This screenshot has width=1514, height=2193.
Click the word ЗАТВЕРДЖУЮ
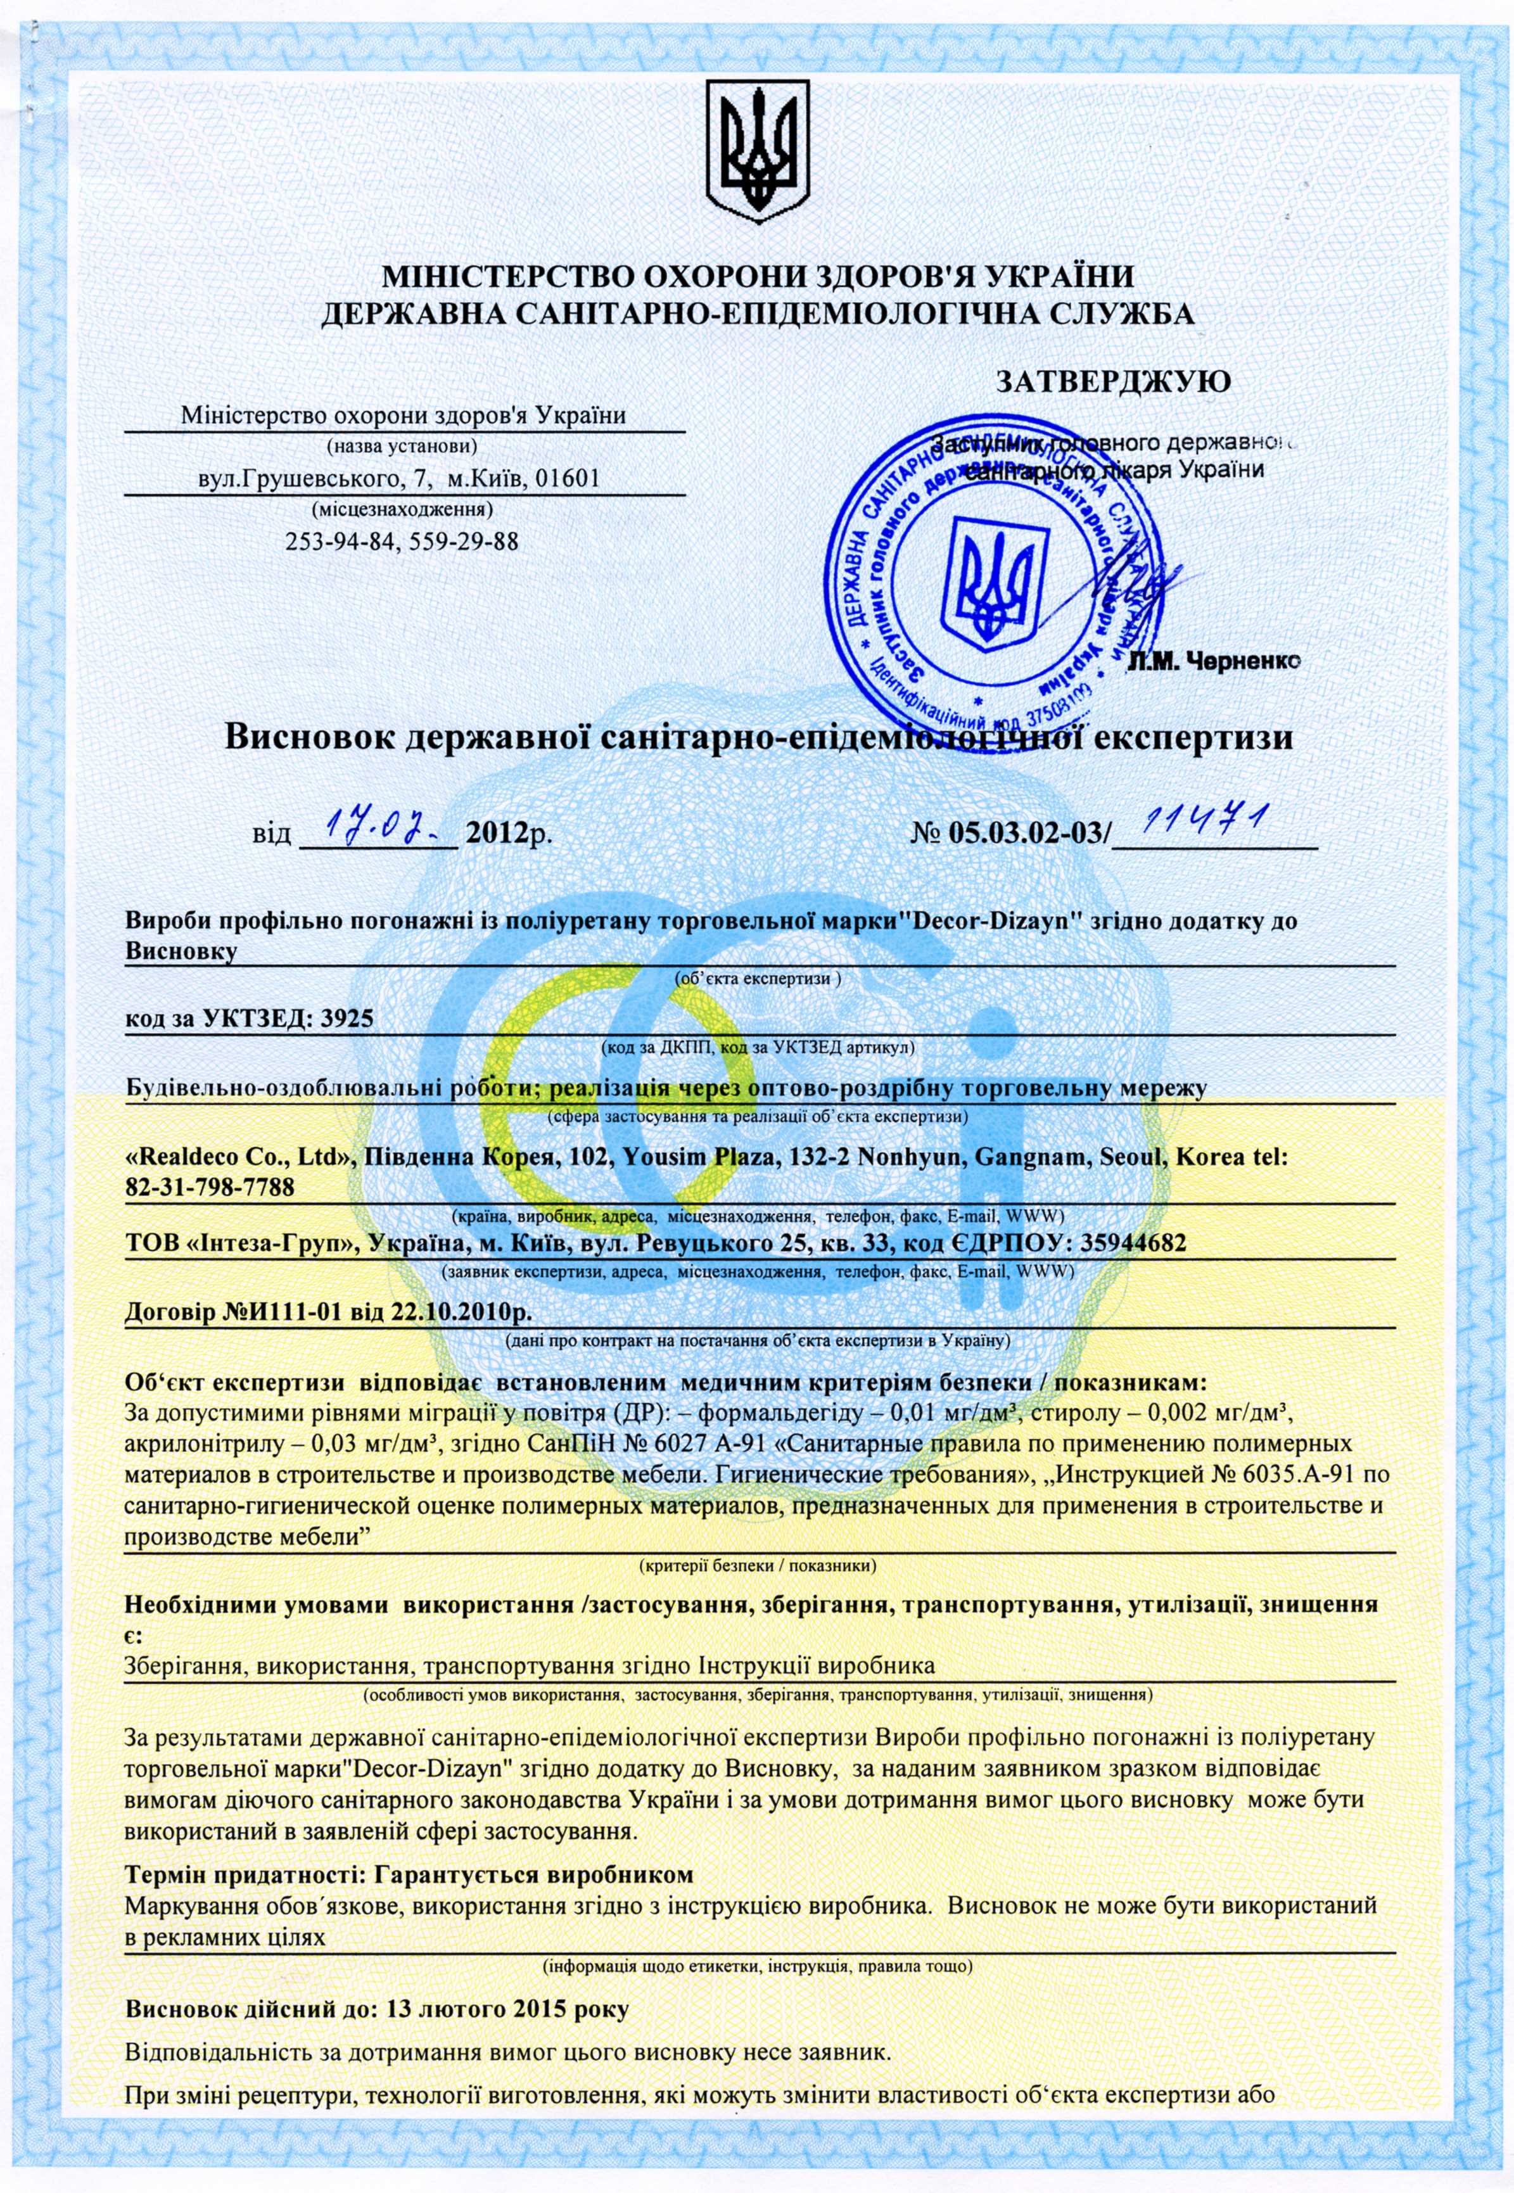tap(1113, 381)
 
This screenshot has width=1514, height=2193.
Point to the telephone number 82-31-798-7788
tap(210, 1186)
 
